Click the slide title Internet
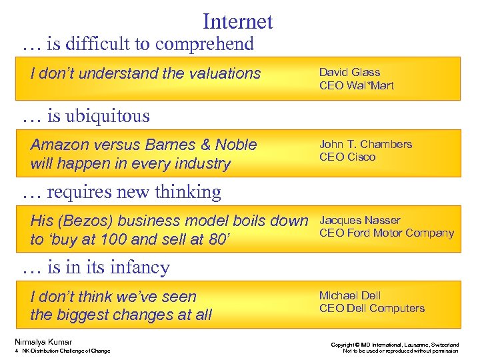(237, 21)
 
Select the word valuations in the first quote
(223, 73)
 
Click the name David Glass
(349, 72)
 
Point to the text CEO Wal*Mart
(357, 85)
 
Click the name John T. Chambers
(365, 144)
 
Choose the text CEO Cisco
(347, 157)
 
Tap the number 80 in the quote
(214, 239)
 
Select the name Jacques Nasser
(359, 220)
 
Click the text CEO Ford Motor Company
(387, 233)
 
